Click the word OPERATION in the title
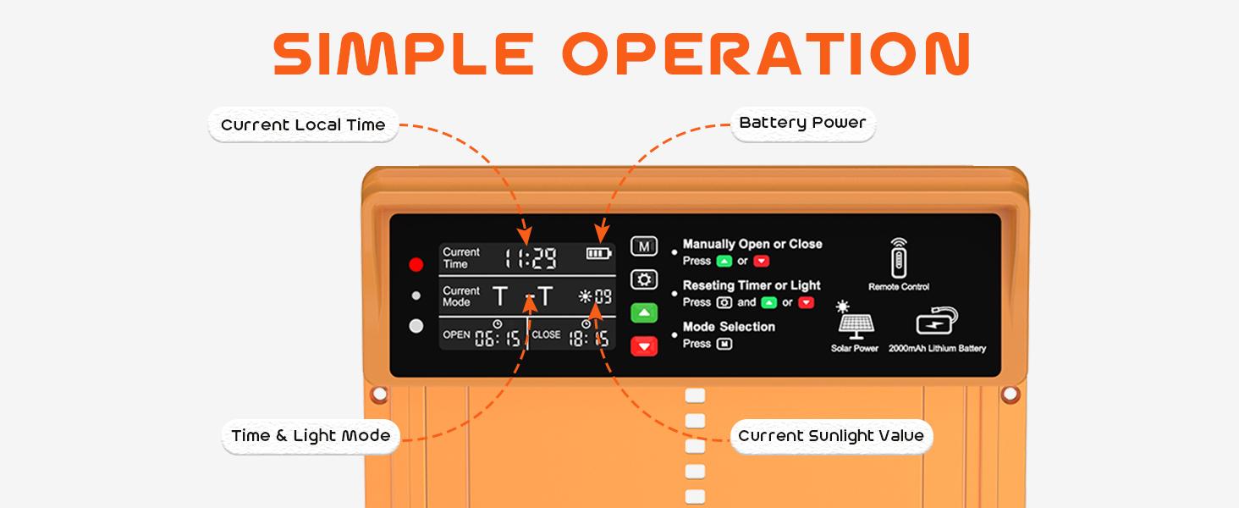point(766,53)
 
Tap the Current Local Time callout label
point(303,125)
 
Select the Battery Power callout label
point(802,123)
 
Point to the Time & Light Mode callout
point(311,436)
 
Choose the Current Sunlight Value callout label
point(831,436)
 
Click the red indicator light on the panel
point(416,264)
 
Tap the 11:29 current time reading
point(531,258)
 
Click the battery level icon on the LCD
point(599,253)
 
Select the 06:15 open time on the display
point(498,338)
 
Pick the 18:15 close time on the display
point(589,338)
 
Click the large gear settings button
point(644,280)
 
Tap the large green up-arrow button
point(644,313)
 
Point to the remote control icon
point(899,258)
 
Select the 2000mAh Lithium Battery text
point(937,349)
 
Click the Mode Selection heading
point(729,327)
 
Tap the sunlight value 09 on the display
point(603,297)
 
